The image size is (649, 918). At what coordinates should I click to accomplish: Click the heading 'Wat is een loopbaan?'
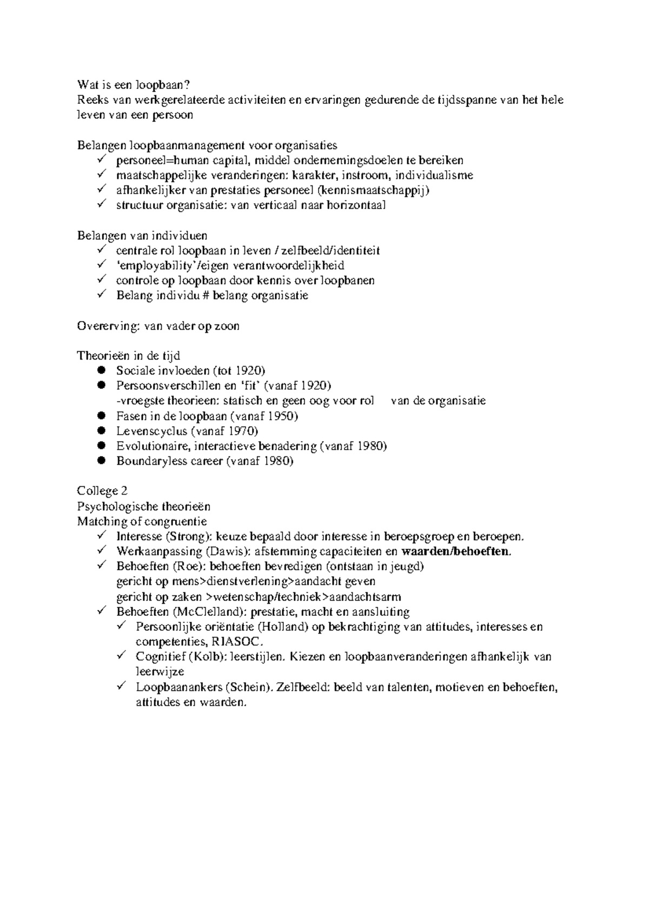point(134,85)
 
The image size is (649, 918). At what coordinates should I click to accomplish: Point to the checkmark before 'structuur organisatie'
point(102,205)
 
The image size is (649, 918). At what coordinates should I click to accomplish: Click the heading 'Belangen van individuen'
point(142,236)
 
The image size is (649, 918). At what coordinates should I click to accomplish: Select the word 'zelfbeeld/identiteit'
point(330,251)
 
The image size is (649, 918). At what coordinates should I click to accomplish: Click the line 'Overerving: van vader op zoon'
point(158,327)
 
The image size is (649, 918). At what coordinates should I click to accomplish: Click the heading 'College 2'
point(102,491)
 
